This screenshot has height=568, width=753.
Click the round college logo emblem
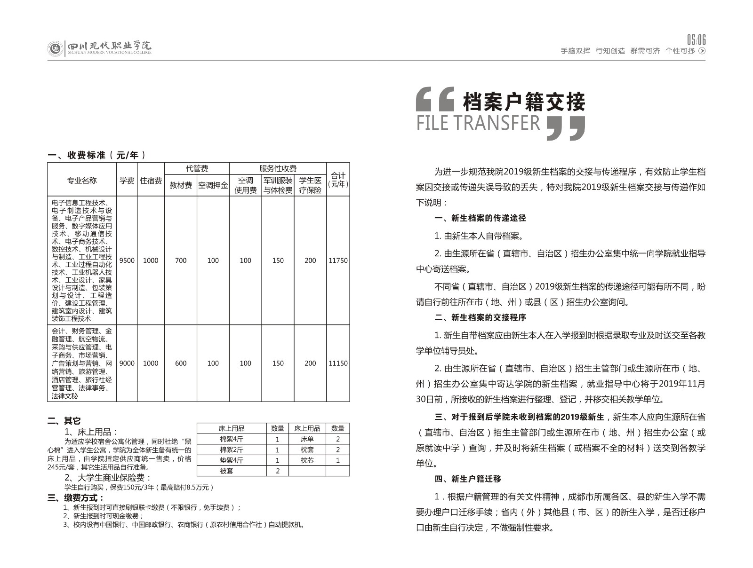55,48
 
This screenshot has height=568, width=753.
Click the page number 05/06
696,39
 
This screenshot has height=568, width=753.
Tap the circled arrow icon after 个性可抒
702,51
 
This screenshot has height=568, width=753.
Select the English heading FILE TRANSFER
479,123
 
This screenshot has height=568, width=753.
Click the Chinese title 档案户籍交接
524,102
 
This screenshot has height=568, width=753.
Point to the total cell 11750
338,260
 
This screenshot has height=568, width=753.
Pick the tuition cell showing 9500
127,260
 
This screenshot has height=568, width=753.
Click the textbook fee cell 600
181,363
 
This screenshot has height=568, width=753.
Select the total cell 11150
338,363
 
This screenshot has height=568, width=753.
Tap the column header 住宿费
151,181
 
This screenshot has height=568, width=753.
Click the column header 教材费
181,186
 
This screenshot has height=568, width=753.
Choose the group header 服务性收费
278,168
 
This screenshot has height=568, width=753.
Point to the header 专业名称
82,181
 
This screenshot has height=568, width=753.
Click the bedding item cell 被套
226,471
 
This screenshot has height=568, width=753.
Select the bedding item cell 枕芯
307,460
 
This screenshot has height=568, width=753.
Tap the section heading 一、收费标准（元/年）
97,155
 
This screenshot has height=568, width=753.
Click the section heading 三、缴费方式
76,498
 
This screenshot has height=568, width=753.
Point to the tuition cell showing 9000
127,363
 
